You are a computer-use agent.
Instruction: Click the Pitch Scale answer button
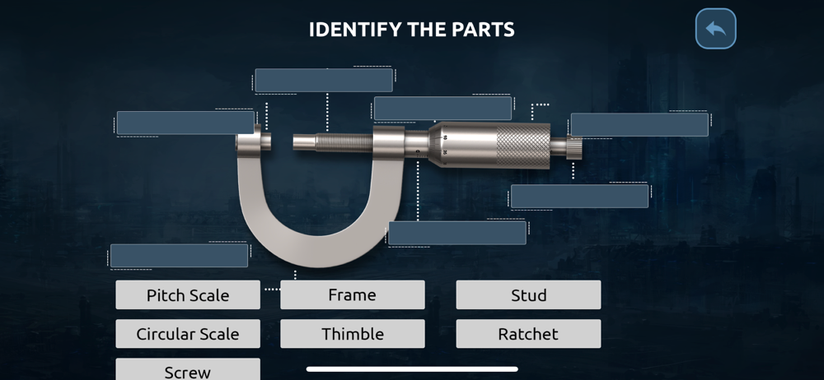[x=188, y=295]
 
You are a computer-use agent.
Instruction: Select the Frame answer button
[x=352, y=295]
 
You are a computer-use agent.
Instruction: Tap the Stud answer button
[x=528, y=295]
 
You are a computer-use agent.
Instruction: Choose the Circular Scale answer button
[x=188, y=334]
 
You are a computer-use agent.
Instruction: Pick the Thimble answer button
[x=352, y=334]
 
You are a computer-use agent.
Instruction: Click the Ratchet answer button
[x=528, y=334]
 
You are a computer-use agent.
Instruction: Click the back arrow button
[x=716, y=29]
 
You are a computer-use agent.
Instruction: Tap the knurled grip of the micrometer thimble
[x=523, y=146]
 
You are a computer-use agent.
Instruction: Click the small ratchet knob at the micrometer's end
[x=574, y=147]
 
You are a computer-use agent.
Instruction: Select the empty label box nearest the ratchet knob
[x=639, y=125]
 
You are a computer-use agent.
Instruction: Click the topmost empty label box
[x=324, y=81]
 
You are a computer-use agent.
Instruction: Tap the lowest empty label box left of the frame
[x=179, y=256]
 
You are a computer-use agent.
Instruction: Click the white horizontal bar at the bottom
[x=412, y=369]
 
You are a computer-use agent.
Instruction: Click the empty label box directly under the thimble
[x=579, y=197]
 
